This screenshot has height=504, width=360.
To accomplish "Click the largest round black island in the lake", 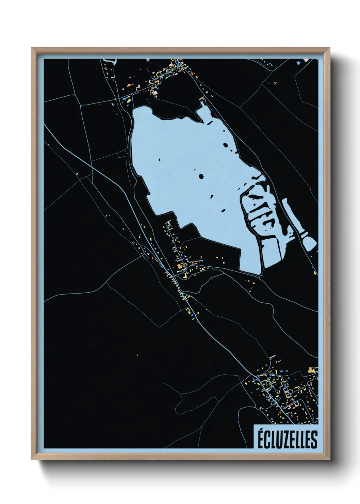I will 201,176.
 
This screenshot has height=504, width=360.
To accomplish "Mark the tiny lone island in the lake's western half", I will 160,159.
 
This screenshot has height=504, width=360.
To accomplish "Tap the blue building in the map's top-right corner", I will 298,63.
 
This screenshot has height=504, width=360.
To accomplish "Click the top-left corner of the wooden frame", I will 32,48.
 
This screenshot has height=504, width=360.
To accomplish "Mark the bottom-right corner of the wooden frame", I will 330,459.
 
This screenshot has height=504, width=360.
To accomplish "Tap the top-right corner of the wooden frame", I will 330,48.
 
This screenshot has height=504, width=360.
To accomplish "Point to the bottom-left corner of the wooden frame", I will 32,459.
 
